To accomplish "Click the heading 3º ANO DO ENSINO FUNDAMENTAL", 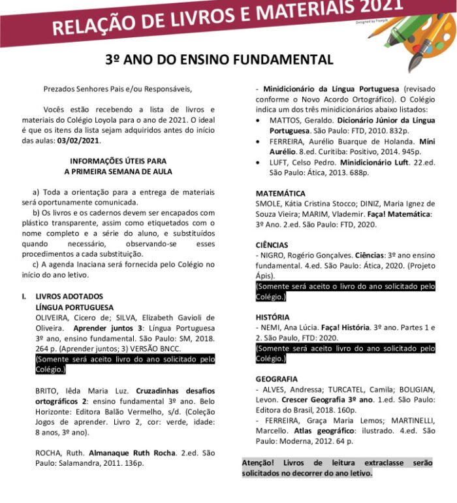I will [x=219, y=59].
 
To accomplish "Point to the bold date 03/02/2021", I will [x=79, y=140].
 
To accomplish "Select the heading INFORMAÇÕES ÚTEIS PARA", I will [x=118, y=161].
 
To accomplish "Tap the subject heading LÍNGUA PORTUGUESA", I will [x=75, y=307].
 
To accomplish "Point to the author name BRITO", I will [x=47, y=391].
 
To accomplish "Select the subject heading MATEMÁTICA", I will [x=280, y=194].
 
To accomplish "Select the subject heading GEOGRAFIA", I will [x=277, y=379].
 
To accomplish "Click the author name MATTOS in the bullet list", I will [x=285, y=120].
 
